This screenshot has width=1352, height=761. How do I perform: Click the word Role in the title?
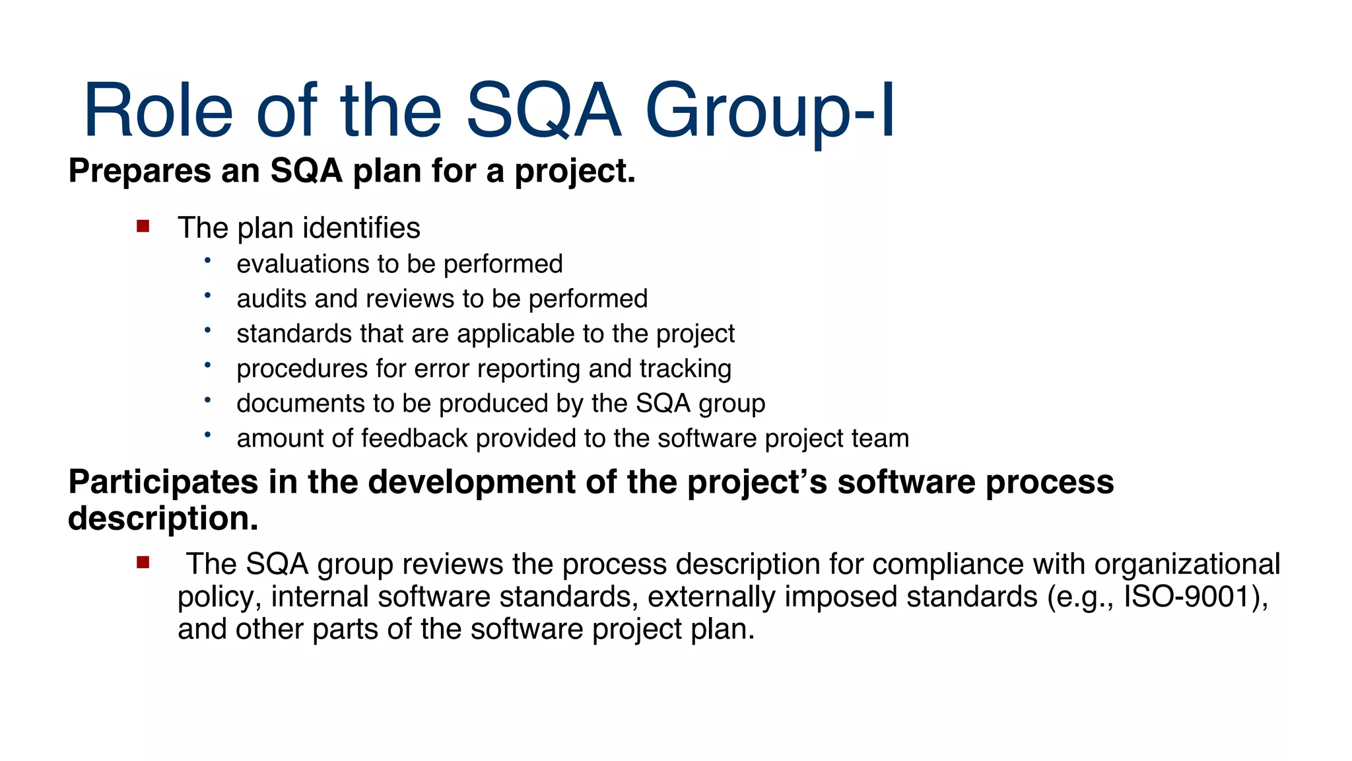tap(158, 110)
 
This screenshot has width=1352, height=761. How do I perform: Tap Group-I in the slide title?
tap(770, 110)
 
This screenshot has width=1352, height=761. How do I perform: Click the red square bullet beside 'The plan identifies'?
tap(143, 227)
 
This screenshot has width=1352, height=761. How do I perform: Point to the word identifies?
tap(361, 228)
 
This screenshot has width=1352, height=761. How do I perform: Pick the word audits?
tap(271, 299)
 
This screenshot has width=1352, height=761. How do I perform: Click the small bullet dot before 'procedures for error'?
tap(207, 364)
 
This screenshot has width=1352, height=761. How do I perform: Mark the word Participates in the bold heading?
tap(163, 482)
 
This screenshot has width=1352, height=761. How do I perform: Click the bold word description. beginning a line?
tap(163, 519)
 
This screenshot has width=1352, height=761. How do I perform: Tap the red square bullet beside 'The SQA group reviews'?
tap(143, 563)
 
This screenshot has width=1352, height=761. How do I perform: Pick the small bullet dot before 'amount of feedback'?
tap(207, 434)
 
